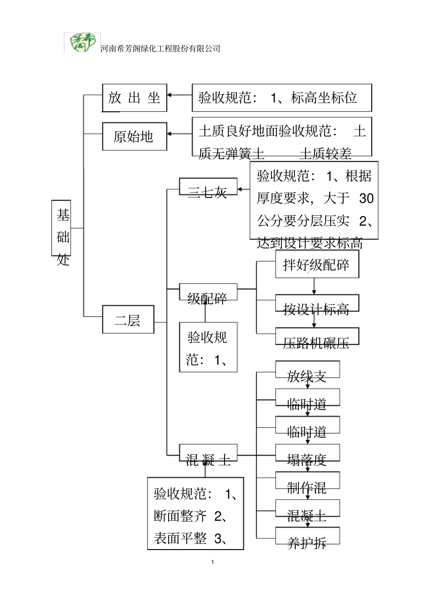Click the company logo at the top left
[82, 43]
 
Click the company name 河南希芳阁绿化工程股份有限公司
[161, 49]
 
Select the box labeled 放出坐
[134, 97]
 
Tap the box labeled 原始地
[134, 136]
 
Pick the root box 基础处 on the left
[63, 228]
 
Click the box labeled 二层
[128, 319]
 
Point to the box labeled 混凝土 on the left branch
[208, 453]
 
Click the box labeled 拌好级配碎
[317, 265]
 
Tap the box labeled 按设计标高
[317, 304]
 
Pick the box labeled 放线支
[307, 370]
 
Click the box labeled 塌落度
[307, 453]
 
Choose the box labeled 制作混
[307, 481]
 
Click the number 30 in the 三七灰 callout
[366, 198]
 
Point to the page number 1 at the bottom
[212, 562]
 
